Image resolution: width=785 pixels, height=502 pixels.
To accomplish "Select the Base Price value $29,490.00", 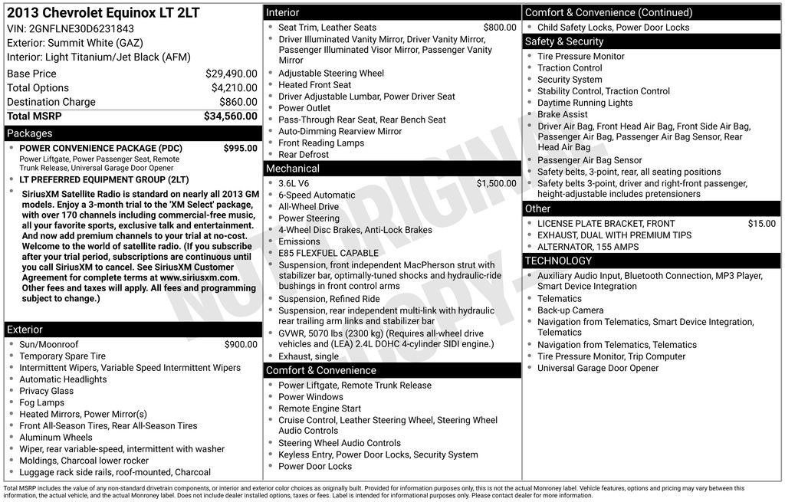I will (x=231, y=74).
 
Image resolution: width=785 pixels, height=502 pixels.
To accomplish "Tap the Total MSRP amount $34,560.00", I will (x=230, y=116).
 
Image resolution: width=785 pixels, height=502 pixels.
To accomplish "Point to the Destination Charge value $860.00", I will (x=238, y=102).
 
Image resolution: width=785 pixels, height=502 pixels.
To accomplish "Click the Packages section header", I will (x=30, y=133).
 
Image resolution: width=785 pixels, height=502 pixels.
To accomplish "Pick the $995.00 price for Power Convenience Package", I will (x=240, y=148).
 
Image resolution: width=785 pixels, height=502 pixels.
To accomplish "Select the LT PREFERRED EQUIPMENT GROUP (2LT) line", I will (x=103, y=180).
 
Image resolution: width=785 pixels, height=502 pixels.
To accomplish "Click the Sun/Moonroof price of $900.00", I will (x=241, y=345).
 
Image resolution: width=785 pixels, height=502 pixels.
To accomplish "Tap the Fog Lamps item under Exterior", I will (x=41, y=402).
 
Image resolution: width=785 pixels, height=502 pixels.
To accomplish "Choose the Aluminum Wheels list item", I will (x=55, y=438).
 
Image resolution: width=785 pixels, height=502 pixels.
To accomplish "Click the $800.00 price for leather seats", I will (x=500, y=28).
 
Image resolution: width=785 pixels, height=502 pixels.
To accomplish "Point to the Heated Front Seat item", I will (x=314, y=85).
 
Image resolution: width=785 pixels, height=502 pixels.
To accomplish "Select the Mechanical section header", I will (x=293, y=169).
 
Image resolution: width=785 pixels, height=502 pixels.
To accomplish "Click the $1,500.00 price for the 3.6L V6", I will (x=496, y=184).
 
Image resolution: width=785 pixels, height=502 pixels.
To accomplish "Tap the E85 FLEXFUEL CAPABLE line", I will (x=328, y=253).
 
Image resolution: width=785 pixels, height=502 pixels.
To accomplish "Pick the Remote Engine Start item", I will (x=320, y=408).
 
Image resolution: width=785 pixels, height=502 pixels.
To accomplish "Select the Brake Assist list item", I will (x=563, y=114).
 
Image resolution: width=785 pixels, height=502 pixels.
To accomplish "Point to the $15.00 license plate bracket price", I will (x=761, y=224).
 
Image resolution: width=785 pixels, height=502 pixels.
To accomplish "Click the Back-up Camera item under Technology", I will (x=570, y=310).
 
